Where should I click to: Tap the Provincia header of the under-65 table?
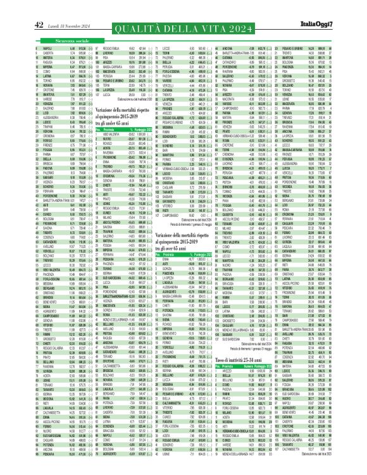point(111,129)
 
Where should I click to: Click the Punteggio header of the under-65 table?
point(142,129)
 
